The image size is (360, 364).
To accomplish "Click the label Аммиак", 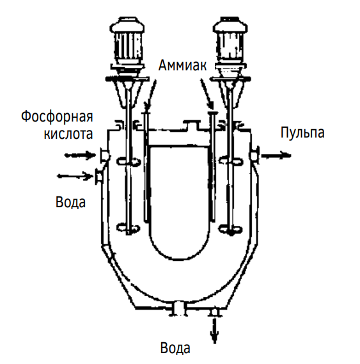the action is pyautogui.click(x=182, y=65).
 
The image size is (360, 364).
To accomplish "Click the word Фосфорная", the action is pyautogui.click(x=57, y=116).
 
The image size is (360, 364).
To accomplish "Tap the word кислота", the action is pyautogui.click(x=68, y=134).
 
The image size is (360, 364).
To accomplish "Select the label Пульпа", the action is pyautogui.click(x=302, y=132).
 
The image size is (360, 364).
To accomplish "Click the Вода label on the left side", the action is pyautogui.click(x=70, y=202).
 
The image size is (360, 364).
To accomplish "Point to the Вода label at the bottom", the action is pyautogui.click(x=175, y=348).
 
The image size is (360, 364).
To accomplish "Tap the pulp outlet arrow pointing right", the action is pyautogui.click(x=276, y=155).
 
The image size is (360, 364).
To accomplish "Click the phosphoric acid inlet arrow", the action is pyautogui.click(x=81, y=155).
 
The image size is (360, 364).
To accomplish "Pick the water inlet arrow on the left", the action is pyautogui.click(x=75, y=176).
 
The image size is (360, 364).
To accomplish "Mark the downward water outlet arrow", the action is pyautogui.click(x=214, y=331).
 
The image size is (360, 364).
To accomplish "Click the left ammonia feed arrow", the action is pyautogui.click(x=150, y=95).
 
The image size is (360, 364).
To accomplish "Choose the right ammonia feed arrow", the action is pyautogui.click(x=207, y=94).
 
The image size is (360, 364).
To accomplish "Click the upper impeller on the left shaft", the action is pyautogui.click(x=129, y=161).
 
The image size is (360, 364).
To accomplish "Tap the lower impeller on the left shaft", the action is pyautogui.click(x=129, y=228).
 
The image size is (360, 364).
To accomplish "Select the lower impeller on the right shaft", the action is pyautogui.click(x=231, y=230).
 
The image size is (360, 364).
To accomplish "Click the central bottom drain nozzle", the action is pyautogui.click(x=179, y=309).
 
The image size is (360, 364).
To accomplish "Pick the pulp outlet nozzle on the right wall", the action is pyautogui.click(x=254, y=155).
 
